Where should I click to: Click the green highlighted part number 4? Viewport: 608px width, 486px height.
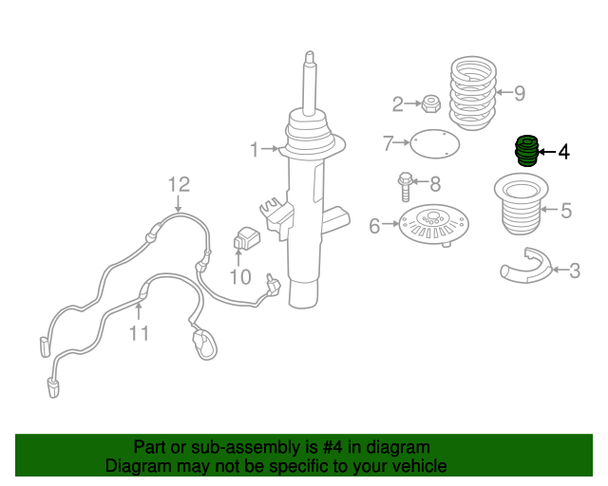coord(526,151)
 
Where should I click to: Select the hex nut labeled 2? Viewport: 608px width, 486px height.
coord(430,103)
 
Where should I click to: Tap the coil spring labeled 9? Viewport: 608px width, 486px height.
coord(473,93)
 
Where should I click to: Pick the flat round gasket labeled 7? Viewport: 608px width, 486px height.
coord(434,143)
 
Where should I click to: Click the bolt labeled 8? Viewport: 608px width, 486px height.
coord(405,186)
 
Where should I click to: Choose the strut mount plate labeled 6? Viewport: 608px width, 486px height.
coord(434,226)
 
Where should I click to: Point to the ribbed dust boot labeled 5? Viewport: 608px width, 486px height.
coord(522,204)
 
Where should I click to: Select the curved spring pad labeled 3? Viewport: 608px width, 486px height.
coord(526,266)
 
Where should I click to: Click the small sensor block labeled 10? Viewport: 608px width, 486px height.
coord(247,238)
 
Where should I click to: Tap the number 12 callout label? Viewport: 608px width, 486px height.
coord(179,185)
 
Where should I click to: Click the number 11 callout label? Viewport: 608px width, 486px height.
coord(139,333)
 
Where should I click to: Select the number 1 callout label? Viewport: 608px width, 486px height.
coord(255,150)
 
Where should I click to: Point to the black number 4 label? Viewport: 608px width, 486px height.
coord(563,152)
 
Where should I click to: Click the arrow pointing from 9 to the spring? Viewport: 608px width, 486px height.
coord(504,92)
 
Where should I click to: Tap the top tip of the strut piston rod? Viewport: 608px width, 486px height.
coord(310,51)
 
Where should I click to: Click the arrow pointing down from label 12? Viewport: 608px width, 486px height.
coord(178,204)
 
